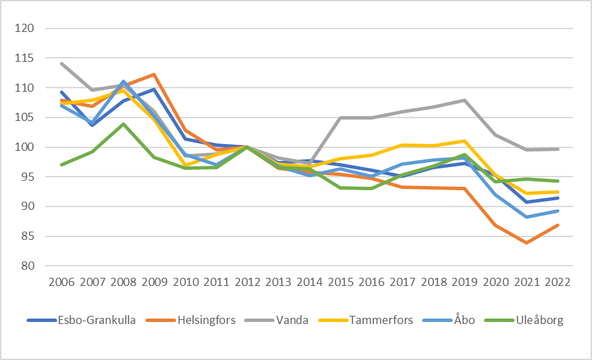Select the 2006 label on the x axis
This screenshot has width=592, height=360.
tap(61, 281)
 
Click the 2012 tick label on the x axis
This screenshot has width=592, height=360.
tap(247, 281)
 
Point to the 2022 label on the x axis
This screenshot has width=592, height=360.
tap(557, 281)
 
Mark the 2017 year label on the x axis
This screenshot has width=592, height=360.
tap(402, 281)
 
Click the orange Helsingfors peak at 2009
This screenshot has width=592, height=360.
tap(154, 75)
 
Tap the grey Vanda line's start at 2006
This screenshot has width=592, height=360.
tap(61, 64)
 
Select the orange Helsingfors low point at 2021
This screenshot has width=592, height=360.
tap(526, 242)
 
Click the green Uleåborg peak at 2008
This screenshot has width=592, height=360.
tap(123, 124)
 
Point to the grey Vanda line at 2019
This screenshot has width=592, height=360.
tap(464, 101)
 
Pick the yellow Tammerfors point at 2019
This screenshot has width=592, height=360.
tap(464, 141)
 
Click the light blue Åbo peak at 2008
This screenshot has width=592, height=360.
tap(123, 82)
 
